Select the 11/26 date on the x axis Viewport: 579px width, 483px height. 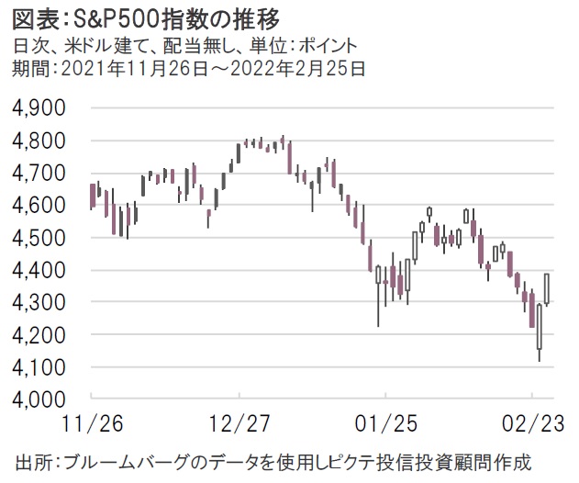click(92, 425)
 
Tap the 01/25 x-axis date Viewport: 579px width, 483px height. click(385, 425)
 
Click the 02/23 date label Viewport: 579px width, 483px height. click(532, 425)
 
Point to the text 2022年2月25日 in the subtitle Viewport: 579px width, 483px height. click(302, 66)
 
